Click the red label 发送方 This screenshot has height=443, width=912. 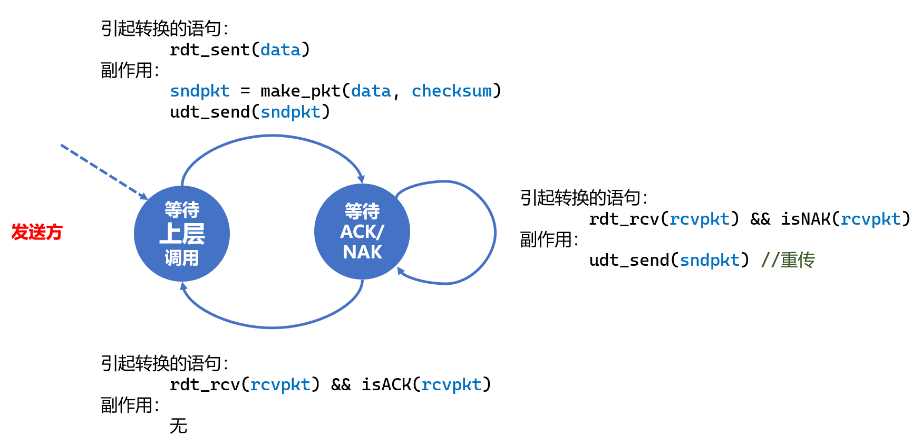37,232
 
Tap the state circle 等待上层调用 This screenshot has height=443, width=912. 182,234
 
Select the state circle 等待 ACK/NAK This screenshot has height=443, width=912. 362,232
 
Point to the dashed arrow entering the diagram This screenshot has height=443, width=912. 103,171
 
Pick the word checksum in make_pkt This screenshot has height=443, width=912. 452,91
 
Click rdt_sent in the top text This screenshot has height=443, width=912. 210,50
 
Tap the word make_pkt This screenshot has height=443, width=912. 300,91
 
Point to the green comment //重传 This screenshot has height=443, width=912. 788,260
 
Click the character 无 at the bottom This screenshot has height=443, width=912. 179,426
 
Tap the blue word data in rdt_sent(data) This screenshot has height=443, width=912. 280,50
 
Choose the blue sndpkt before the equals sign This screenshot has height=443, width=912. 200,91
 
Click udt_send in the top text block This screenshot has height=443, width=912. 210,112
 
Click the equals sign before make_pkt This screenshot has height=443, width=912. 245,91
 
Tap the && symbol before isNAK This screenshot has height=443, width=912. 760,219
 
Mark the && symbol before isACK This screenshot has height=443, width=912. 341,385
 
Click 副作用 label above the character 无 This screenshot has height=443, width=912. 127,405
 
